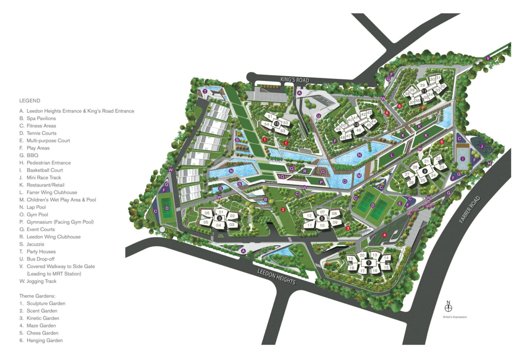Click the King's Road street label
point(295,80)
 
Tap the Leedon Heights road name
point(276,276)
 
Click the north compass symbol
point(448,307)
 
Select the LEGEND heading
point(30,101)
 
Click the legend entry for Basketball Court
point(45,170)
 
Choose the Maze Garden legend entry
point(41,326)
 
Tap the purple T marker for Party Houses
point(205,91)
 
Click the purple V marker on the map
point(488,58)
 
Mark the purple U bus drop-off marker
point(319,116)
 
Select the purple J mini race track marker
point(482,146)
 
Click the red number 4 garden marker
point(384,235)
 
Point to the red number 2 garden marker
point(283,210)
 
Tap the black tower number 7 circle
point(368,263)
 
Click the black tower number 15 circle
point(276,124)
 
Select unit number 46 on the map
point(359,130)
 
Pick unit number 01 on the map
point(221,212)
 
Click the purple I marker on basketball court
point(463,159)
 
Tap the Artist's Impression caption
point(455,317)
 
